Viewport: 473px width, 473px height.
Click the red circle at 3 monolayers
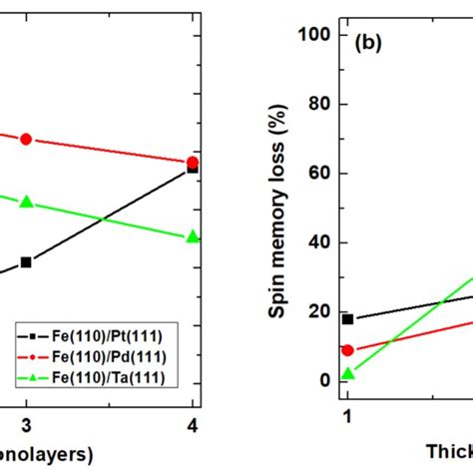click(26, 139)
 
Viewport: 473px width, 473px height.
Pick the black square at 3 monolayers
click(26, 262)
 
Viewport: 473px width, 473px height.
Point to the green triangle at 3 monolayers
click(26, 202)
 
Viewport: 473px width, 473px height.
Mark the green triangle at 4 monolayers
click(193, 236)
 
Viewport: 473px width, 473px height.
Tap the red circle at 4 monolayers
click(193, 162)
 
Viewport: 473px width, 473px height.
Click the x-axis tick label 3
click(26, 424)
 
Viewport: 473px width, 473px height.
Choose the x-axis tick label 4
click(193, 424)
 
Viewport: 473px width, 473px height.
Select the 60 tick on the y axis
click(320, 174)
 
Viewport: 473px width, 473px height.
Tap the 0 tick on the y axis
click(325, 381)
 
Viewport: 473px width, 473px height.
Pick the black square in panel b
click(347, 318)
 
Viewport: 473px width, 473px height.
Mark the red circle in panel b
click(347, 350)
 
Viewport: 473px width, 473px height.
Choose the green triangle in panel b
click(347, 373)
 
